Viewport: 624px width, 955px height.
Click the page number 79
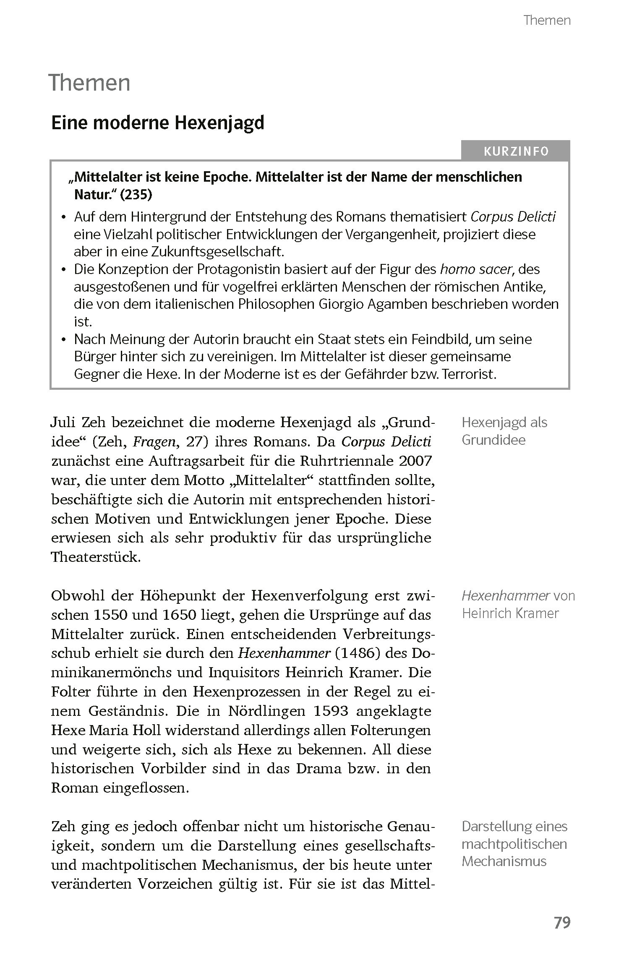(x=562, y=923)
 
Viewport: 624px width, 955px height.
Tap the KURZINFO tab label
(x=516, y=151)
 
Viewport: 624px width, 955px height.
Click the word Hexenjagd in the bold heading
(x=219, y=123)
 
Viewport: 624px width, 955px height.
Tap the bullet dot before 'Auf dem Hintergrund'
(x=64, y=217)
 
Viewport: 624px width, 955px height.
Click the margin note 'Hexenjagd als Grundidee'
(x=504, y=431)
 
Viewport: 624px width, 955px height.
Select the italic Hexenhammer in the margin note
(x=505, y=596)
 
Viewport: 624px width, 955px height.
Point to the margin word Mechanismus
(x=504, y=861)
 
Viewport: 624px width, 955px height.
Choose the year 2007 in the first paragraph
(x=415, y=461)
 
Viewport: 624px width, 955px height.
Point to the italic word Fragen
(x=152, y=442)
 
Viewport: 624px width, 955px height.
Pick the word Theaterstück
(x=96, y=557)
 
